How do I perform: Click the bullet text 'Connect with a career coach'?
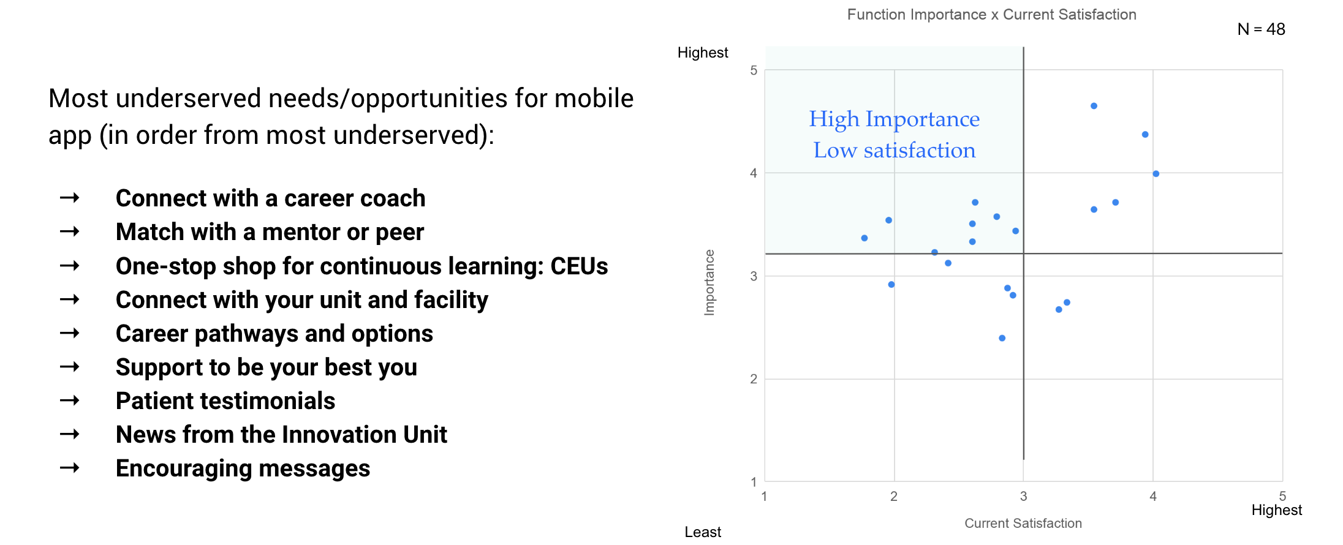(270, 198)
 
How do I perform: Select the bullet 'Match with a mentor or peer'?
(270, 232)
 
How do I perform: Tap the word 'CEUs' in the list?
(579, 266)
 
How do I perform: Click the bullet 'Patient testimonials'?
(225, 401)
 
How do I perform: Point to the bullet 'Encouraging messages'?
(243, 468)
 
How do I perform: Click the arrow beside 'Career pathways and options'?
(70, 333)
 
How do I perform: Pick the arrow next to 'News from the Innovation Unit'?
(70, 434)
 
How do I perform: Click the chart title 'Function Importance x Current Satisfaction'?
(991, 15)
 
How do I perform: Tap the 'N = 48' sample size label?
(1261, 29)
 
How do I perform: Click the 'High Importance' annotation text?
(894, 119)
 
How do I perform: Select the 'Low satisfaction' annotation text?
(895, 150)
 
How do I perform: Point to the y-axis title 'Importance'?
(709, 282)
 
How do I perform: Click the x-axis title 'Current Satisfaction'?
(1023, 523)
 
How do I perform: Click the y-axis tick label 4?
(754, 173)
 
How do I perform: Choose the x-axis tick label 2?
(894, 496)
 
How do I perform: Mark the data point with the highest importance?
(1094, 106)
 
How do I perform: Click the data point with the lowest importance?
(1002, 338)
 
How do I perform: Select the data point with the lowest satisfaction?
(864, 238)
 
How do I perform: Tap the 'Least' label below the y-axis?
(703, 532)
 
